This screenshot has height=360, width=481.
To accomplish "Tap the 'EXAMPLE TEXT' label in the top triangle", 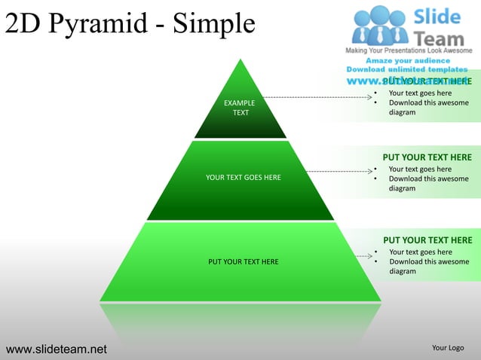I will (240, 107).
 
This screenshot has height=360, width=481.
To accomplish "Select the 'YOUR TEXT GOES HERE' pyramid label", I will (243, 178).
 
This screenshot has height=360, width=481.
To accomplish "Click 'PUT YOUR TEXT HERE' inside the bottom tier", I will (243, 262).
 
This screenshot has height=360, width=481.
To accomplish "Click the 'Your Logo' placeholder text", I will (447, 348).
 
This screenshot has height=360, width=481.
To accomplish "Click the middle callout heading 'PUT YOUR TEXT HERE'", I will (427, 157).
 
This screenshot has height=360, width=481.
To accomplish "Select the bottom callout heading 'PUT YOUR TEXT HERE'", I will (427, 240).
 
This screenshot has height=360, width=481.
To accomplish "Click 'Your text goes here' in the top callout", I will (420, 93).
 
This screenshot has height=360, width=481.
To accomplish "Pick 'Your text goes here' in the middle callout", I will (420, 169).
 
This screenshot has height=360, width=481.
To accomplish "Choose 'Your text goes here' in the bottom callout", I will (420, 252).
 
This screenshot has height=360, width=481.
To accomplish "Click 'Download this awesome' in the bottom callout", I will (428, 262).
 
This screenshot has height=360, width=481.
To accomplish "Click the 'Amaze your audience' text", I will (408, 60).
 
